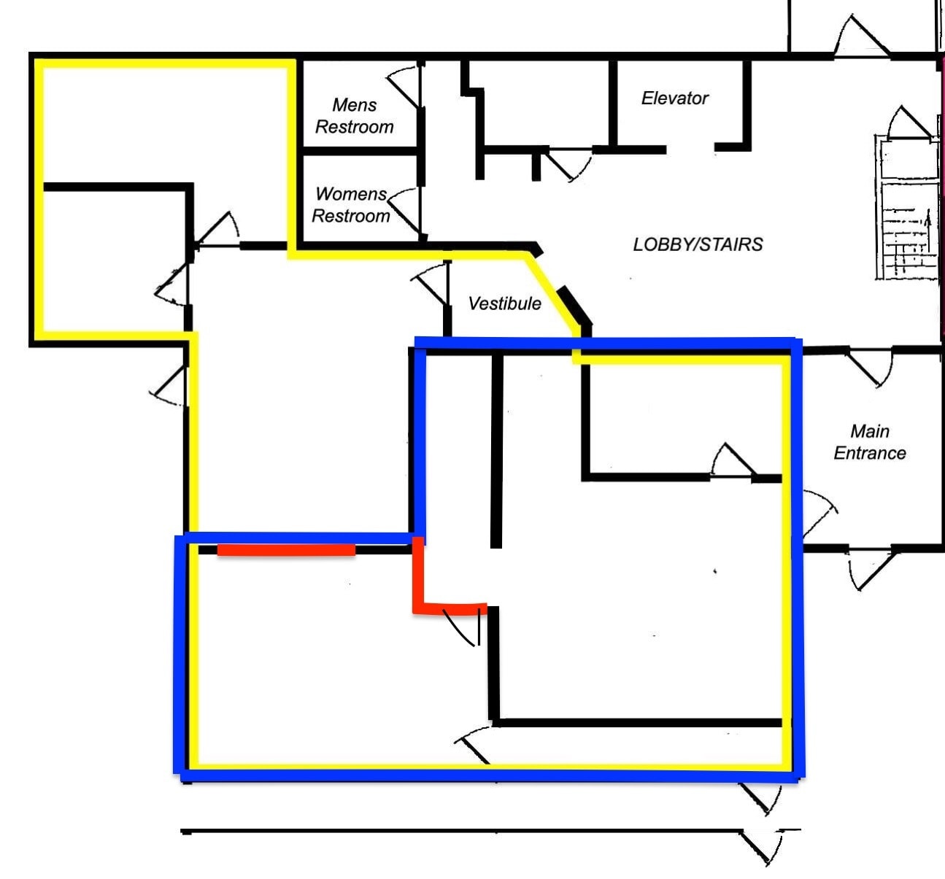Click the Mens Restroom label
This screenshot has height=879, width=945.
pyautogui.click(x=354, y=116)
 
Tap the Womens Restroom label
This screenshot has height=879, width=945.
pyautogui.click(x=351, y=205)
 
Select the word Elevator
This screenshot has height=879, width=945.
pyautogui.click(x=674, y=98)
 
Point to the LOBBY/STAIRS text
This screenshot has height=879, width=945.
pyautogui.click(x=698, y=244)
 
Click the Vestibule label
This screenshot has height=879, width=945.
pyautogui.click(x=504, y=303)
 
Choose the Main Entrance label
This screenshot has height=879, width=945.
pyautogui.click(x=869, y=442)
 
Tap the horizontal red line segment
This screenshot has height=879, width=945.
pyautogui.click(x=286, y=550)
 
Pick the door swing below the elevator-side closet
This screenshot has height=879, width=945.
pyautogui.click(x=568, y=165)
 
